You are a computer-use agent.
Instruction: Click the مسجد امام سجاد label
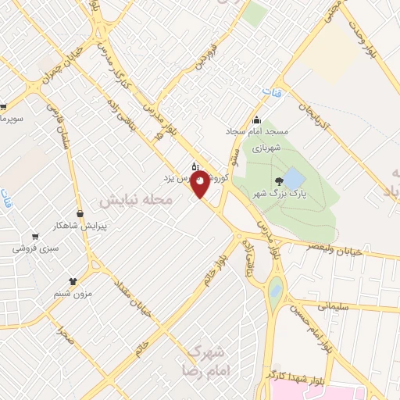pyautogui.click(x=257, y=131)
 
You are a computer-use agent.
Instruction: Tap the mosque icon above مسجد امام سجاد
pyautogui.click(x=257, y=119)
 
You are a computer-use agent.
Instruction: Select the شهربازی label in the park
pyautogui.click(x=268, y=145)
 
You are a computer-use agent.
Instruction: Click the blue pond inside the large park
pyautogui.click(x=293, y=179)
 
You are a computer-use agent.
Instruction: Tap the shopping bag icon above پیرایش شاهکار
pyautogui.click(x=80, y=212)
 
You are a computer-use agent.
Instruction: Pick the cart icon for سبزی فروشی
pyautogui.click(x=34, y=236)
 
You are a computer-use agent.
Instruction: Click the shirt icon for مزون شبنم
pyautogui.click(x=73, y=280)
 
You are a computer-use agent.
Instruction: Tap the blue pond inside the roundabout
pyautogui.click(x=275, y=291)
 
